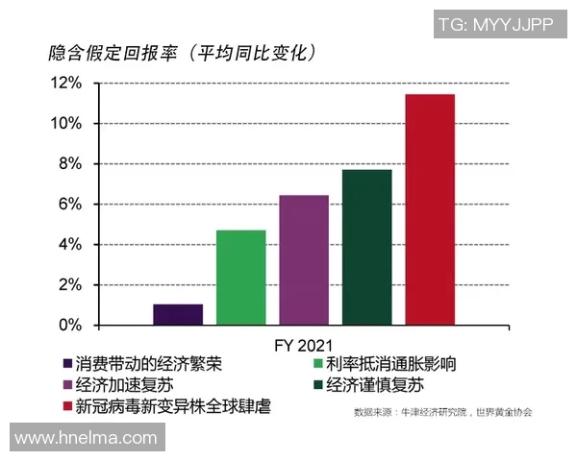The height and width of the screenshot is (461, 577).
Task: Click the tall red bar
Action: pos(430,209)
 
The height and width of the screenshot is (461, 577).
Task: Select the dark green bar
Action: pos(366,247)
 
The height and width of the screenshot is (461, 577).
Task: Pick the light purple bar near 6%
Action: pos(304,259)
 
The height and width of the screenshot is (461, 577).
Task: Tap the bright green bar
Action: pos(240,278)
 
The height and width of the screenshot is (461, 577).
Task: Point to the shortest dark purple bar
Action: pos(178,314)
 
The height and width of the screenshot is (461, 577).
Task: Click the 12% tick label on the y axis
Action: pos(65,84)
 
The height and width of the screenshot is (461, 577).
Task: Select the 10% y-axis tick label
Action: pos(65,124)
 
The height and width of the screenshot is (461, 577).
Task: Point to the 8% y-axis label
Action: pos(69,164)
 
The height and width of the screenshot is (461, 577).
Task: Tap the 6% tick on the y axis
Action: pos(69,205)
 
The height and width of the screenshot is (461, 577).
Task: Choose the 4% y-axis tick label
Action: pos(69,245)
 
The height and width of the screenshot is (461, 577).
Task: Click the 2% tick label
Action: pos(69,285)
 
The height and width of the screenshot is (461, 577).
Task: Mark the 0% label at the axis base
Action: pos(69,326)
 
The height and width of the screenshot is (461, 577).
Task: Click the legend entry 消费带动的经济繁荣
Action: pos(144,364)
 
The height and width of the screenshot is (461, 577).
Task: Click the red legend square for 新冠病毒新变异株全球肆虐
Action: pos(67,406)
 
